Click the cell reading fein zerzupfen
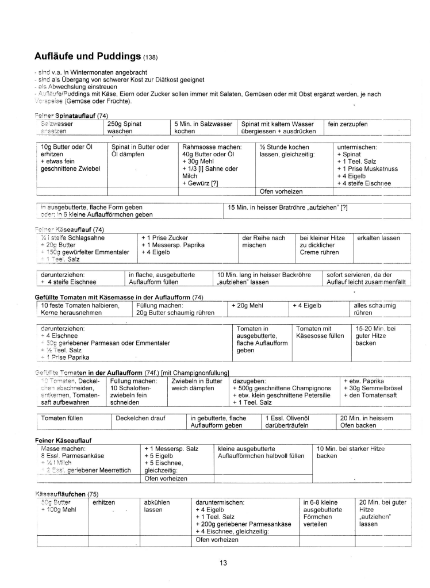click(348, 124)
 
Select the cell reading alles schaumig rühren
click(374, 309)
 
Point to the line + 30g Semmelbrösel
click(373, 388)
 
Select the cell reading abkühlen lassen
click(157, 506)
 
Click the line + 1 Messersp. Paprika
click(172, 245)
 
